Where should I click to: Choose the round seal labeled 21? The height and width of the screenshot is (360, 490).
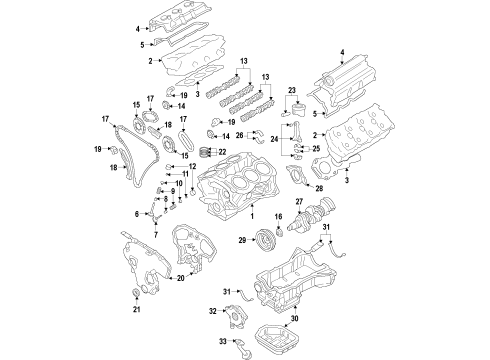tap(136, 292)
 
